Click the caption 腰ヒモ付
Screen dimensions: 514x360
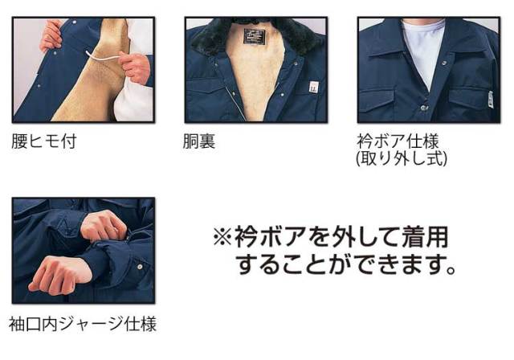click(x=44, y=141)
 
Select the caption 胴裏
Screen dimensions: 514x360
click(x=199, y=141)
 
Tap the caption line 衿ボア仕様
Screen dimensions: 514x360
click(x=398, y=141)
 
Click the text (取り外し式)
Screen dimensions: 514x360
click(x=402, y=158)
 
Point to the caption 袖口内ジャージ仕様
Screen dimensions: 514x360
click(x=83, y=324)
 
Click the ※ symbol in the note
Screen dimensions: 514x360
click(x=222, y=237)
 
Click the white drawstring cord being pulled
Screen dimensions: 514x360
click(x=103, y=57)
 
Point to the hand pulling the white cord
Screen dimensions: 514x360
click(x=135, y=67)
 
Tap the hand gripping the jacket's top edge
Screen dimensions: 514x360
click(x=52, y=35)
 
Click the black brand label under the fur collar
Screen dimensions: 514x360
click(x=255, y=36)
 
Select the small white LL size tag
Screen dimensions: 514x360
click(x=313, y=87)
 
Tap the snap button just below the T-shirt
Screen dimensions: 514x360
click(x=423, y=107)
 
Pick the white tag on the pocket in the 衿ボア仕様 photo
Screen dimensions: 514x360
click(x=490, y=98)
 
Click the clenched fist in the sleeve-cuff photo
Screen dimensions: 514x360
click(x=60, y=275)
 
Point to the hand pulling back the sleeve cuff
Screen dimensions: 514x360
click(x=104, y=226)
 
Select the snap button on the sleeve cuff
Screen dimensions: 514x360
click(x=140, y=267)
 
